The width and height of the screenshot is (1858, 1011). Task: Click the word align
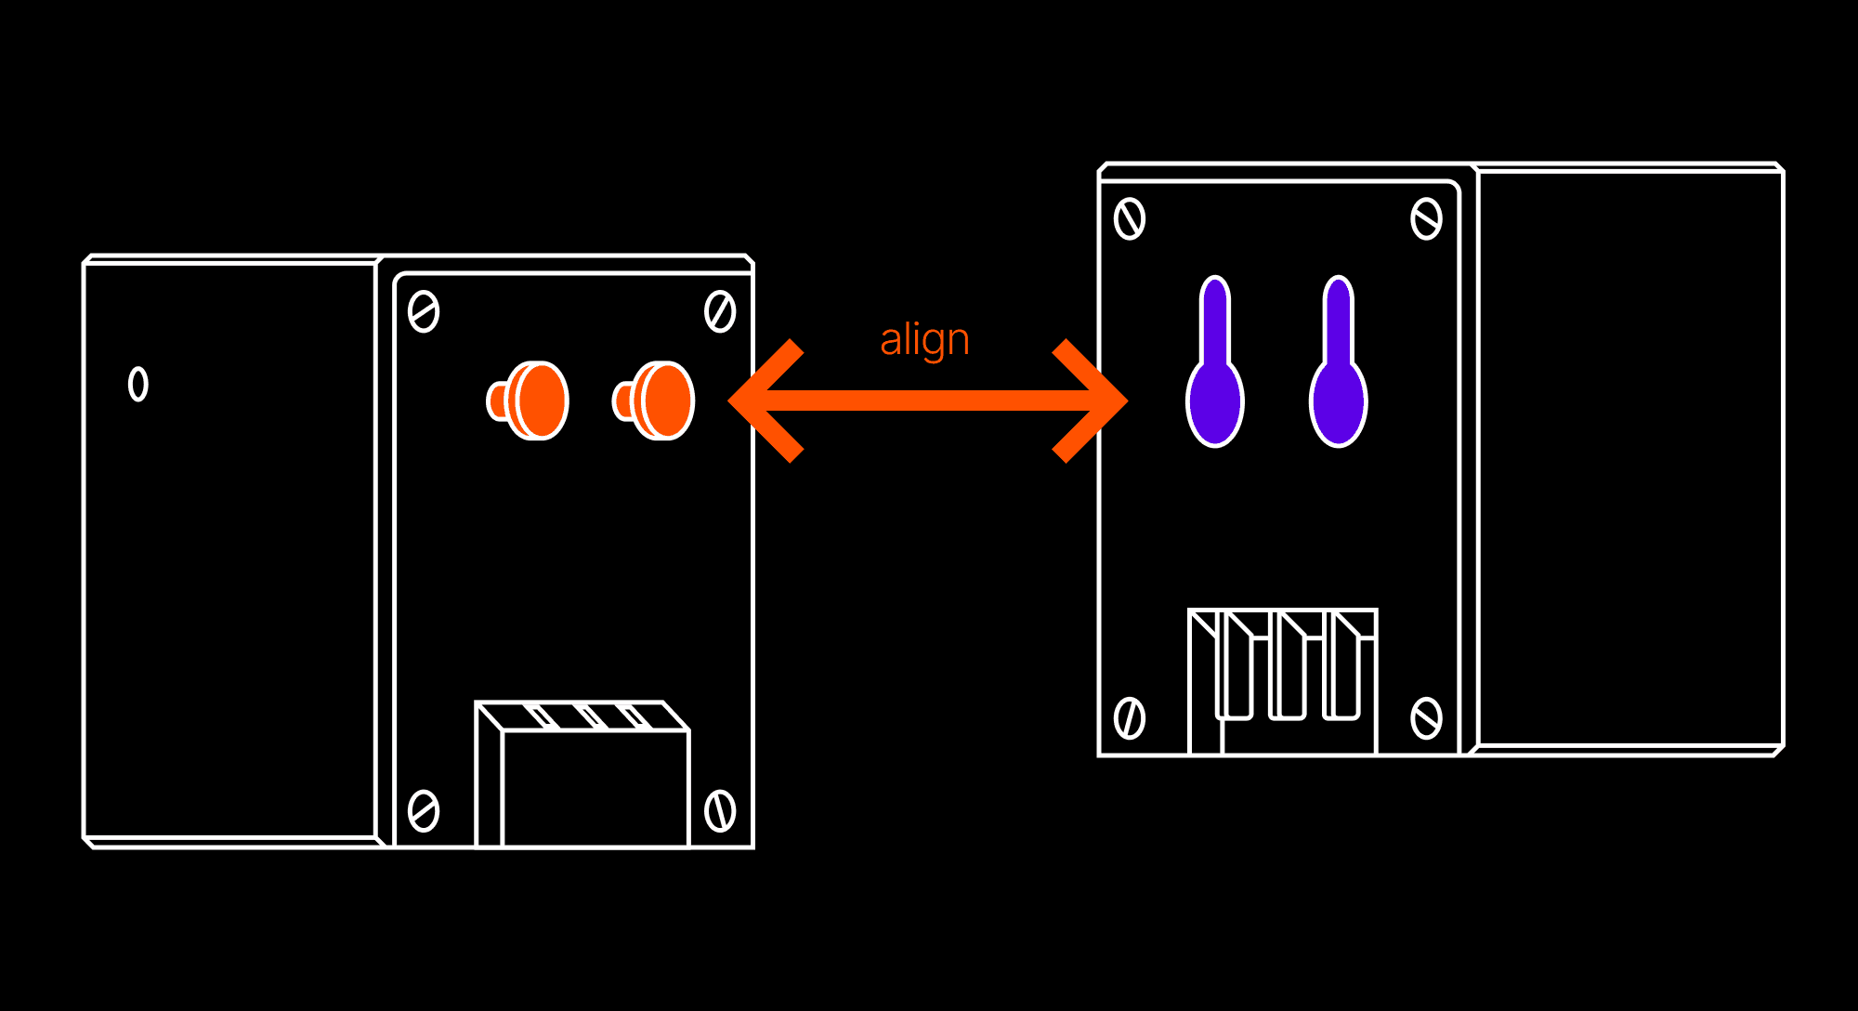924,340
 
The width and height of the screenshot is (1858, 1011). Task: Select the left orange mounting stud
530,400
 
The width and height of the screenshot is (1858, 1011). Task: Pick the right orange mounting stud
656,400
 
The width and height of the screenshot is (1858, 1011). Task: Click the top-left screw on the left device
424,312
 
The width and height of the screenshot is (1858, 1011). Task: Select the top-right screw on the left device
720,311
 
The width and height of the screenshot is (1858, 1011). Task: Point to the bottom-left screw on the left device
424,811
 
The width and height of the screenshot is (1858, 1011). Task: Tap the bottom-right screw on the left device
720,810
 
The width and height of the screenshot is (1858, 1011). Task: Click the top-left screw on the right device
1130,219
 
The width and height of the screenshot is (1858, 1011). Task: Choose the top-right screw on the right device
1426,219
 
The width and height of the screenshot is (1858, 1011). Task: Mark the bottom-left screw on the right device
1130,717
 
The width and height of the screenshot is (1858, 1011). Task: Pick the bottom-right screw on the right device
1426,717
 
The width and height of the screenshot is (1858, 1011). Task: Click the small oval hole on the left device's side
138,384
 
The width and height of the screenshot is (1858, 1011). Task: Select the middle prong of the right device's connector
1288,669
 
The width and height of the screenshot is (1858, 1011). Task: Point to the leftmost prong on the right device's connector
1236,669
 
